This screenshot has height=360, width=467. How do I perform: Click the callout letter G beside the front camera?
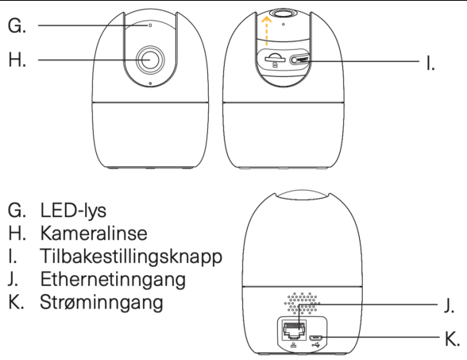pos(17,25)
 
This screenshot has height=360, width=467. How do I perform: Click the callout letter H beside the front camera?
pos(17,60)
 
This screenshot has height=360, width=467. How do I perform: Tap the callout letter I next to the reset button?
pos(430,64)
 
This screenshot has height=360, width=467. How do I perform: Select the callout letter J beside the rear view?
pos(449,305)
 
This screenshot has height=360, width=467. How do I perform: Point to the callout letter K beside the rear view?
pos(453,339)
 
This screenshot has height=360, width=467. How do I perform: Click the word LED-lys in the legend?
pos(73,211)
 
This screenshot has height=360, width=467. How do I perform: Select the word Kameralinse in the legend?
pos(94,233)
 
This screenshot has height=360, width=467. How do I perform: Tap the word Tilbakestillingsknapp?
pos(131,257)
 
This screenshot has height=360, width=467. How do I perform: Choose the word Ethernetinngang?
pos(113,280)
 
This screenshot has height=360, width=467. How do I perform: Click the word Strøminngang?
pos(102,303)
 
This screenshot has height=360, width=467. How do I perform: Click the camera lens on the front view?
pos(150,60)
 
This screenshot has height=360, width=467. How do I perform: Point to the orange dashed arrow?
pos(266,31)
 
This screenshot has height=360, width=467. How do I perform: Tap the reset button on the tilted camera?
pos(299,60)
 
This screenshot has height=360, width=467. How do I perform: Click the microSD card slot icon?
pos(274,60)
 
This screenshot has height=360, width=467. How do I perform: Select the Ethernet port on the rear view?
pos(294,331)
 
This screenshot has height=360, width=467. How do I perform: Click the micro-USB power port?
pos(315,338)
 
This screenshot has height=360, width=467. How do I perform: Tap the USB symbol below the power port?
pos(316,346)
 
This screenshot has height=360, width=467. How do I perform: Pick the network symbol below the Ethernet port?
pos(294,345)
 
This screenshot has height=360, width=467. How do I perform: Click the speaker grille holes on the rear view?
pos(302,303)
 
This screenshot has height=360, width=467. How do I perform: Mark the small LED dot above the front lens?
pos(150,25)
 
